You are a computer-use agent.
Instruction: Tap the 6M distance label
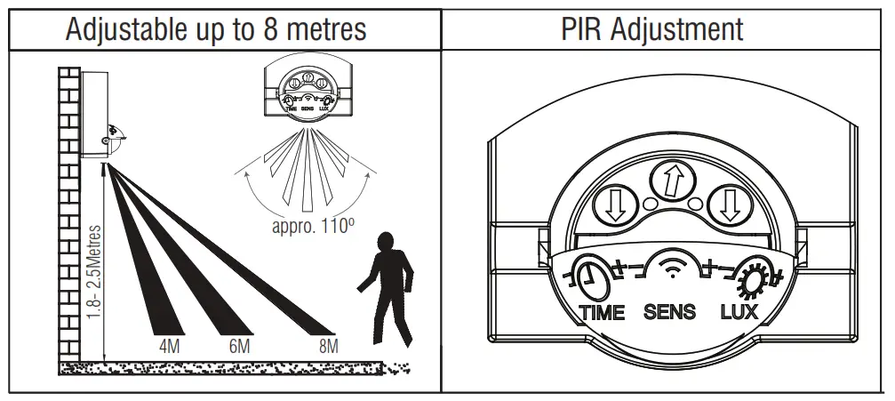click(x=239, y=346)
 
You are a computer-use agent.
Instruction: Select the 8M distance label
click(x=328, y=346)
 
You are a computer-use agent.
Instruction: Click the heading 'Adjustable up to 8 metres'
click(x=217, y=28)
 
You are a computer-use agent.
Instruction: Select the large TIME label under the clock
click(x=602, y=312)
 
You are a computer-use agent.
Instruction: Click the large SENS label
click(x=670, y=312)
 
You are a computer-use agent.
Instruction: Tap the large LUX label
click(x=739, y=312)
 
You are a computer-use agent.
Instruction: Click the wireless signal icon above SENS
click(x=671, y=268)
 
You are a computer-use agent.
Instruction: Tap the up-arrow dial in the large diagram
click(x=672, y=184)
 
